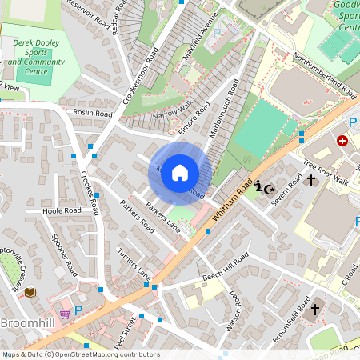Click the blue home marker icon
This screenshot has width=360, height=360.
pos(180,173)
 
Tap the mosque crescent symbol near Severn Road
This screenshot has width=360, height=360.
pos(270,189)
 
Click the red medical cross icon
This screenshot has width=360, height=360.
pos(343,140)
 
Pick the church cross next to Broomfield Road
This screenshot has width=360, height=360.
pos(315,309)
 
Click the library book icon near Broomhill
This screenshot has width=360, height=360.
pos(31,293)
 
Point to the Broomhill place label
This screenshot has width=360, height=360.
pos(27,323)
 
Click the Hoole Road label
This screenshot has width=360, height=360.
pos(62,211)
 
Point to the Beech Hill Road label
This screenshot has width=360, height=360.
pos(226,268)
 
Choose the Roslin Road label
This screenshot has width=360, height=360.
pos(93,114)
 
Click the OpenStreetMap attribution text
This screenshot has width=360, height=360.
pos(80,354)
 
